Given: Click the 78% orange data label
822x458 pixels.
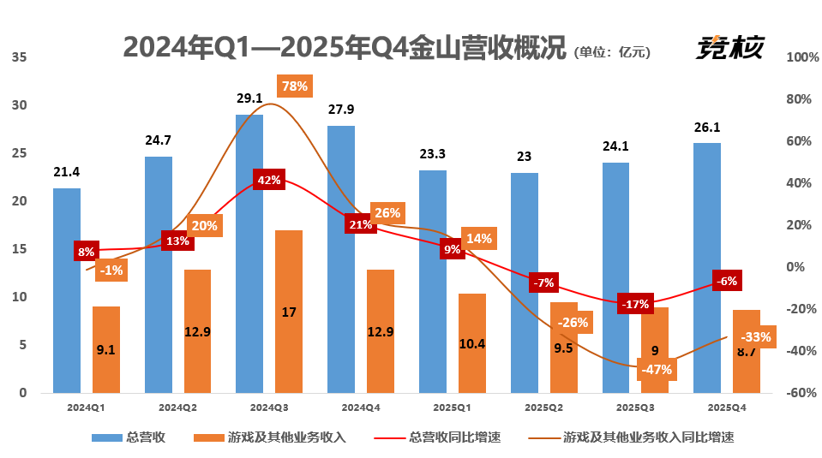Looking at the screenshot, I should point(295,86).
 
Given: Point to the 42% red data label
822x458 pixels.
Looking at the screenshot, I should point(268,180).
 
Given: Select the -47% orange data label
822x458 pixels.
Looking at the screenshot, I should point(656,370).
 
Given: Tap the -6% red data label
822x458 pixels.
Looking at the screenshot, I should point(728,281).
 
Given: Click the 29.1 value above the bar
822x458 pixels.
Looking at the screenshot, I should point(249,98).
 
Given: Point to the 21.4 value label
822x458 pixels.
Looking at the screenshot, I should point(66,172).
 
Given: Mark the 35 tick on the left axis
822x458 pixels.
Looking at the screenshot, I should point(21,57).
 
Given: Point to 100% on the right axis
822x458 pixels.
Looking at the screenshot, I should point(803,57).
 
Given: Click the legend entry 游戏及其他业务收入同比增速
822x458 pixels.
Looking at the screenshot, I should point(648,437).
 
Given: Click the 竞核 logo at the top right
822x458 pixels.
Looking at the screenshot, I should point(729,47).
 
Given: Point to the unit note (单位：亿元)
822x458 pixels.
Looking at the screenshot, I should point(612,51).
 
